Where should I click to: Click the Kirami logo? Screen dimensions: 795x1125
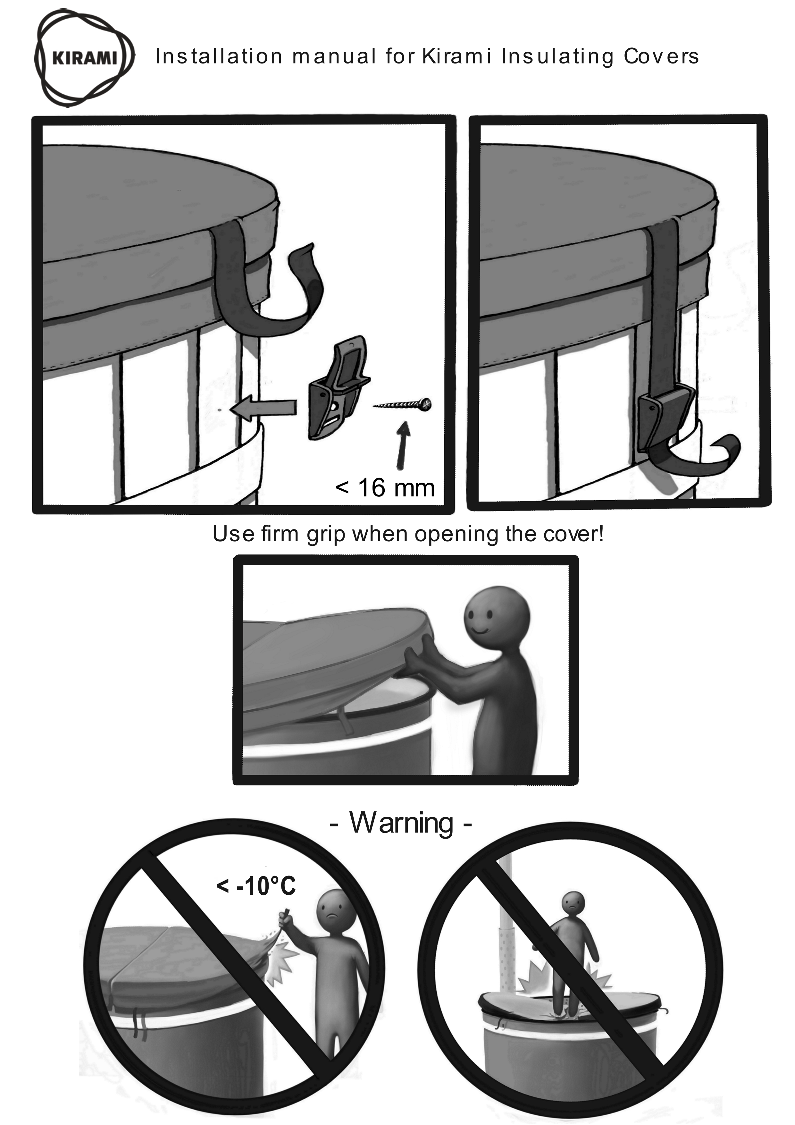tap(84, 58)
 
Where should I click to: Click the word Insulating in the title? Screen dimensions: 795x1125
tap(557, 57)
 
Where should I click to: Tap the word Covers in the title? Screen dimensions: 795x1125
tap(661, 56)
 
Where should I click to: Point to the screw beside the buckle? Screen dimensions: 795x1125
tap(403, 405)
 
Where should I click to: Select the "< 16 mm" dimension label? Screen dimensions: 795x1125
tap(385, 488)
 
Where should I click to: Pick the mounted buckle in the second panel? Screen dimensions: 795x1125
tap(666, 417)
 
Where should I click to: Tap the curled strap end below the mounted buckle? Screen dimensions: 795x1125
tap(696, 461)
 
